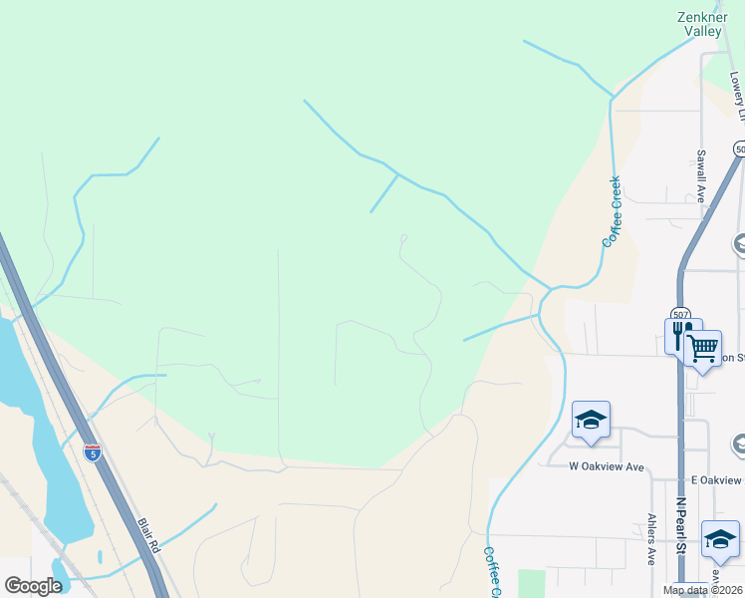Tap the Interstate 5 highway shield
tap(93, 452)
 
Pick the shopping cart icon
tap(703, 349)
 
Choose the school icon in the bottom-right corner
tap(720, 539)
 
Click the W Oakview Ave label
tap(607, 466)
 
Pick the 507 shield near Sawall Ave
tap(739, 149)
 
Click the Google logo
tap(34, 586)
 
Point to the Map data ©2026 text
tap(703, 590)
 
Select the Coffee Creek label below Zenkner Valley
tap(612, 211)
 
